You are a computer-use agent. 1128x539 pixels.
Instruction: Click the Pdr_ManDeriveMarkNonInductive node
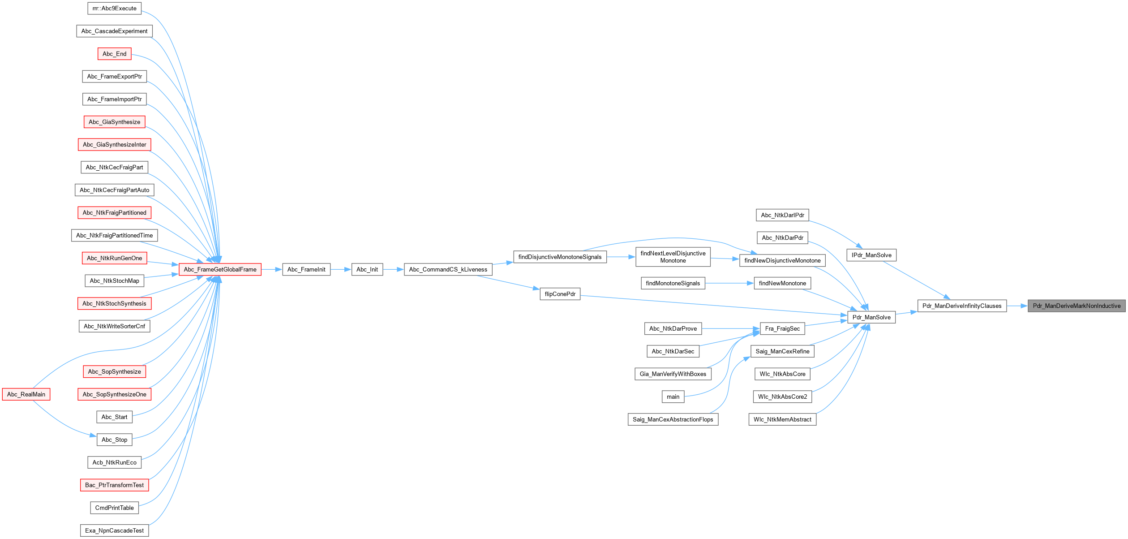pos(1076,306)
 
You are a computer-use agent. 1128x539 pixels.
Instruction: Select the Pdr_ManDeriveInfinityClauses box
pos(961,306)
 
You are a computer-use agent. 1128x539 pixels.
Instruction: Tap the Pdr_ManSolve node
pos(871,317)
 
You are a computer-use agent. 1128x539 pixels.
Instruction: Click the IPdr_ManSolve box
pos(871,255)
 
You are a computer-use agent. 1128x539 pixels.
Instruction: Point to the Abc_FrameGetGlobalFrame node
pos(220,269)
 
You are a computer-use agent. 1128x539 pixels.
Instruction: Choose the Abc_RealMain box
pos(26,394)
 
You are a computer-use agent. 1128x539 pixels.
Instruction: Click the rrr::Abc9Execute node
pos(114,9)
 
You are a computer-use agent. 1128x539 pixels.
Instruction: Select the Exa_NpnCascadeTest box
pos(114,530)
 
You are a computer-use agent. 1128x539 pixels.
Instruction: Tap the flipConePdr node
pos(560,294)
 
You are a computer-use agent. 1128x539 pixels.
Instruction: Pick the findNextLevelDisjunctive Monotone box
pos(673,257)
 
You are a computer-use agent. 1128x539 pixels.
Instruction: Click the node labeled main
pos(673,397)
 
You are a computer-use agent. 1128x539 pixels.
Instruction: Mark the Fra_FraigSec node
pos(782,328)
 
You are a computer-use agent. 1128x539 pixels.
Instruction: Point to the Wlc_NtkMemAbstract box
pos(782,419)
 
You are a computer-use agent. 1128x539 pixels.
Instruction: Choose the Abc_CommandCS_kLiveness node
pos(448,269)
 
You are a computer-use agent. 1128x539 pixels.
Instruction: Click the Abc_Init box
pos(367,269)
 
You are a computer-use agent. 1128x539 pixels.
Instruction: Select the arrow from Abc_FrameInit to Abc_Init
pos(341,269)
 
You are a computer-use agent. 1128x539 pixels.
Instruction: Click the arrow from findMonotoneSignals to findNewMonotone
pos(729,283)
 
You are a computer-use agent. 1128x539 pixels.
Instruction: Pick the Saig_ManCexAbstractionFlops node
pos(673,419)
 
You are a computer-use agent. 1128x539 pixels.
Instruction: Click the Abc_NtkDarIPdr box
pos(782,215)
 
